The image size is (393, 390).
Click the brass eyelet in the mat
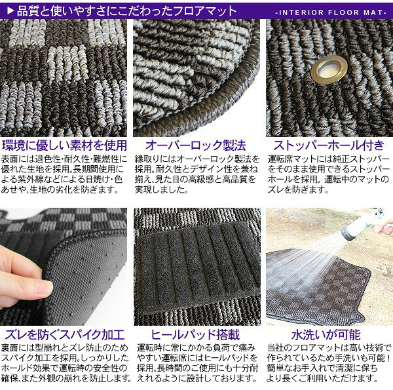coord(329,70)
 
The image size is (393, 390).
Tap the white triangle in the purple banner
coord(10,10)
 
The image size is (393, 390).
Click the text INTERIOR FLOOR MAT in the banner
coord(331,12)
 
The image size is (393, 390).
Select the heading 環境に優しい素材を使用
coord(64,146)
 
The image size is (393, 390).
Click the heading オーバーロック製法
coord(196,146)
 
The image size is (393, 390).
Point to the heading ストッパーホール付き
coord(329,146)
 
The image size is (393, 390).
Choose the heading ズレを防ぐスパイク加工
coord(65,335)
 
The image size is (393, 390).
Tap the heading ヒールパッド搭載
coord(195,335)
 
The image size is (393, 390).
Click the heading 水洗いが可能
coord(326,335)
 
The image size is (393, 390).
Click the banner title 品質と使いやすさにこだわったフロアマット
coord(126,10)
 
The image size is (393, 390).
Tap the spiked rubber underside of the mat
coord(85,279)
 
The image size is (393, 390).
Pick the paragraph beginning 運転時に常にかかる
coord(197,363)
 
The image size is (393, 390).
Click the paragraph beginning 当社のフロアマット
coord(329,363)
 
